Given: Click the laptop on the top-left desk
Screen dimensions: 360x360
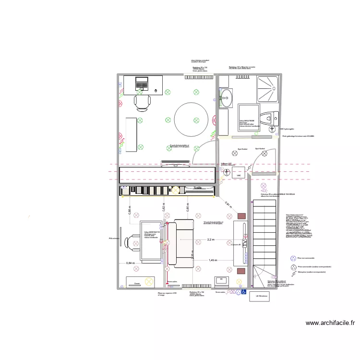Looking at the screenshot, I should point(143,84).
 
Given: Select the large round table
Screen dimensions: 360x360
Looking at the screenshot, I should point(191,120).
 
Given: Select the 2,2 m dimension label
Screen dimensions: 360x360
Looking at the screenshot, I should point(211,239).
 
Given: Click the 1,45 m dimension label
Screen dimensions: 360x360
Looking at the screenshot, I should point(213,260).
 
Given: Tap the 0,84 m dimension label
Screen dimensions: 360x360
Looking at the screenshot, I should point(130,263).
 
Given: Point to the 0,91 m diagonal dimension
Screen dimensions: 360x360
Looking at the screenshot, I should point(228,204).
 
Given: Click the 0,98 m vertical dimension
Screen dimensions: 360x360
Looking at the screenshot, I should point(129,210).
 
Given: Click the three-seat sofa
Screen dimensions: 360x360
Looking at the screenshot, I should point(183,243).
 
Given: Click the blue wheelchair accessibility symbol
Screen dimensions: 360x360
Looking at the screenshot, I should point(243,291).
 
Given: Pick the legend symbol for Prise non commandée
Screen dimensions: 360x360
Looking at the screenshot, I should point(293,258).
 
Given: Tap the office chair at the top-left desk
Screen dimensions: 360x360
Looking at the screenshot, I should point(142,102).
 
